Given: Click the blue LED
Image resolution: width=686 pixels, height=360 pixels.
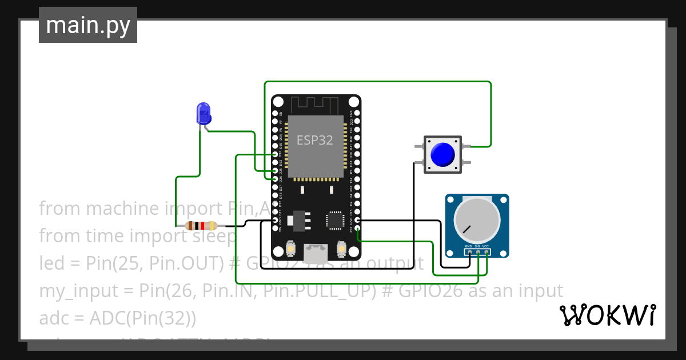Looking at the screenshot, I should click(203, 113).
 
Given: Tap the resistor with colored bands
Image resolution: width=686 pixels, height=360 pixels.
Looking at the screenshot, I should click(201, 225).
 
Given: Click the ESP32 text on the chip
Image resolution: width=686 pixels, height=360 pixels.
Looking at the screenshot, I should click(314, 140).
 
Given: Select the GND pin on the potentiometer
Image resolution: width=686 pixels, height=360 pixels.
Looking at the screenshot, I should click(469, 251).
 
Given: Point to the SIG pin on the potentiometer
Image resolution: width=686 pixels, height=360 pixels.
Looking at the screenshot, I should click(477, 251).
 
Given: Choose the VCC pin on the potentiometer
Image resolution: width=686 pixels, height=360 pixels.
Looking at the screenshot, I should click(486, 251).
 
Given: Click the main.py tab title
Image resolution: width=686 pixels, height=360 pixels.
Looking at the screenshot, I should click(87, 26).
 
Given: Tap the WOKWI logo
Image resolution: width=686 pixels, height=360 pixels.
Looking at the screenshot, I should click(607, 315).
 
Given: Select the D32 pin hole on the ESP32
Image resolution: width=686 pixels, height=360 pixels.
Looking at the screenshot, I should click(275, 154).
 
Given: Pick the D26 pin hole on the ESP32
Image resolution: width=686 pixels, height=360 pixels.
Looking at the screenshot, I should click(275, 179).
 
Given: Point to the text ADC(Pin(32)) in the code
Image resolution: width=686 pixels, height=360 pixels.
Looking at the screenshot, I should click(143, 318).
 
